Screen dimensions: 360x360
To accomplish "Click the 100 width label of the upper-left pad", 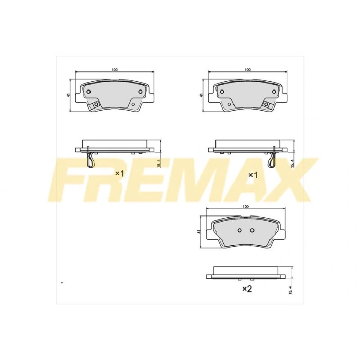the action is (115, 70).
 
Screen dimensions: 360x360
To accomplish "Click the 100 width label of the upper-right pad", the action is (248, 70).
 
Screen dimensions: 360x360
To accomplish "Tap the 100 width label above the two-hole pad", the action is (246, 207).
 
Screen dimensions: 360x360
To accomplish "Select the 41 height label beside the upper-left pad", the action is (68, 95).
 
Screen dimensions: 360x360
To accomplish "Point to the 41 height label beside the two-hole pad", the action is (199, 232).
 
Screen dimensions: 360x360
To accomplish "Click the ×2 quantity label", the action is (247, 289).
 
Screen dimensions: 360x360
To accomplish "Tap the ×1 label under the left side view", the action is (119, 174).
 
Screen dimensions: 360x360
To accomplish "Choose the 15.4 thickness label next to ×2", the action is (290, 290).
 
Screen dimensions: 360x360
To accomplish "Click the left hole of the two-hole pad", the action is (240, 230).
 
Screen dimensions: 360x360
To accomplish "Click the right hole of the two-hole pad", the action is (252, 230).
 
